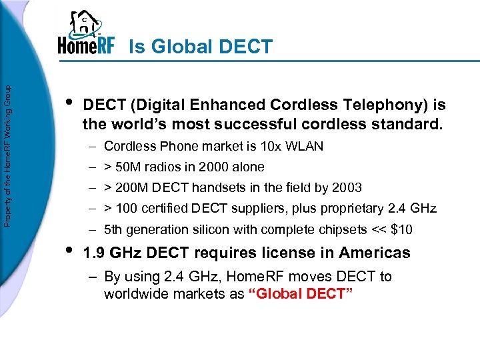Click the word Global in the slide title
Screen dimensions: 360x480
tap(177, 47)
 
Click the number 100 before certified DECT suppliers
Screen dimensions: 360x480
tap(131, 209)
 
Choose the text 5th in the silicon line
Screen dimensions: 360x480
tap(113, 230)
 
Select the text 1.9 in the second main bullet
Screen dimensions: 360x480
tap(93, 253)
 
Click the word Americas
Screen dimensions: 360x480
tap(375, 253)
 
